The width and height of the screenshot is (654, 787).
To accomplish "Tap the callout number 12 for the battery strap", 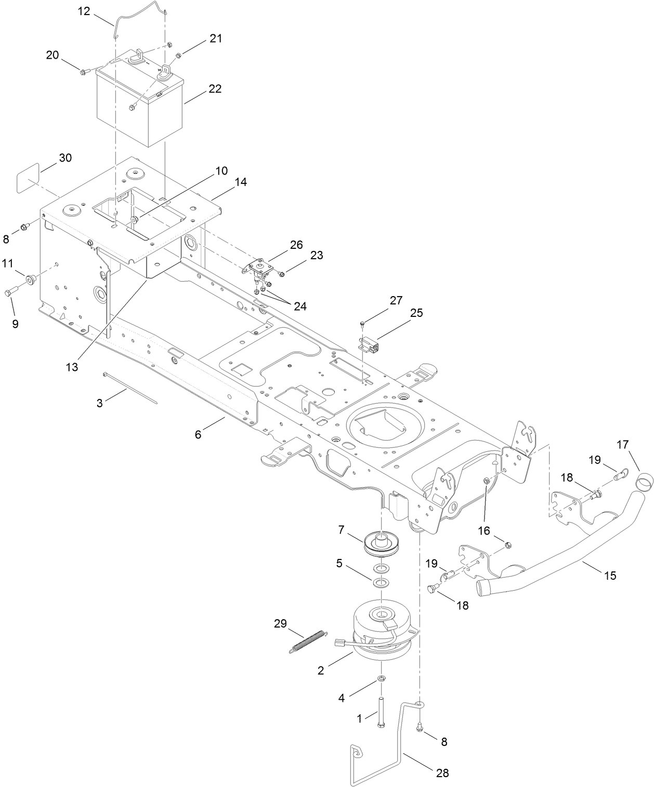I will pos(84,11).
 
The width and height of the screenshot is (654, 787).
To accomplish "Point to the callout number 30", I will pos(65,158).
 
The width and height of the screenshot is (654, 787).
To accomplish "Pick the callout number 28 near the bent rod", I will pos(442,772).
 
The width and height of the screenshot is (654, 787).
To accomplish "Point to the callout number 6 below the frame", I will pos(198,434).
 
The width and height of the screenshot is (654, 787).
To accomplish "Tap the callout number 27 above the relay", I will pos(396,300).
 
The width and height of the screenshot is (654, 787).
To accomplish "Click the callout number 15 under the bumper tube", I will pos(609,575).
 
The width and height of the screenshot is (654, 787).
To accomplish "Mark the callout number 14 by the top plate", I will pos(240,182).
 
